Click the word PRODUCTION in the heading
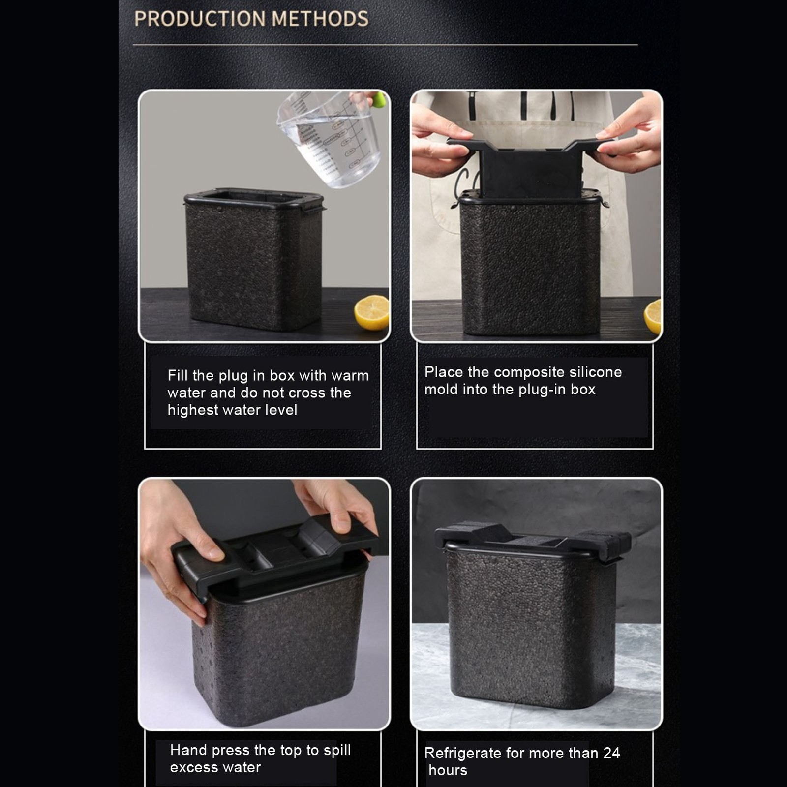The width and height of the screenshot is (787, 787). click(x=200, y=19)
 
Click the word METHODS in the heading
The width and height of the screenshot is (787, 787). click(x=320, y=19)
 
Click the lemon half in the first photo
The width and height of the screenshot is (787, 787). click(x=372, y=312)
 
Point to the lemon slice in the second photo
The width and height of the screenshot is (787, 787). click(x=653, y=316)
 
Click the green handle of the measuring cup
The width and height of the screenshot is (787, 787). click(x=379, y=100)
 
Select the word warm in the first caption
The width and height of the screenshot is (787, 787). click(x=350, y=376)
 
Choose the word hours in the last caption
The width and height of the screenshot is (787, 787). click(x=448, y=770)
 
